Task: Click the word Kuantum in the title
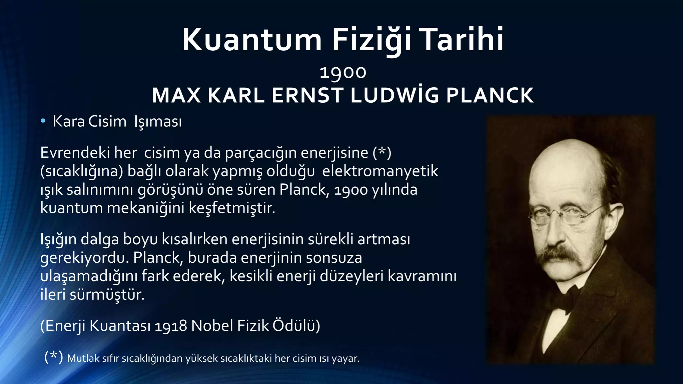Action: [x=252, y=40]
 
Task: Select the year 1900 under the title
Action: [x=343, y=72]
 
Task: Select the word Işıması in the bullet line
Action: [x=158, y=122]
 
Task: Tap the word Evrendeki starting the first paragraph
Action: [x=75, y=153]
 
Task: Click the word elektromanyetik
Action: [x=380, y=171]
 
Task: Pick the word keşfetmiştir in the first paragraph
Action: [x=232, y=208]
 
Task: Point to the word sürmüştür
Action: [x=107, y=295]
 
